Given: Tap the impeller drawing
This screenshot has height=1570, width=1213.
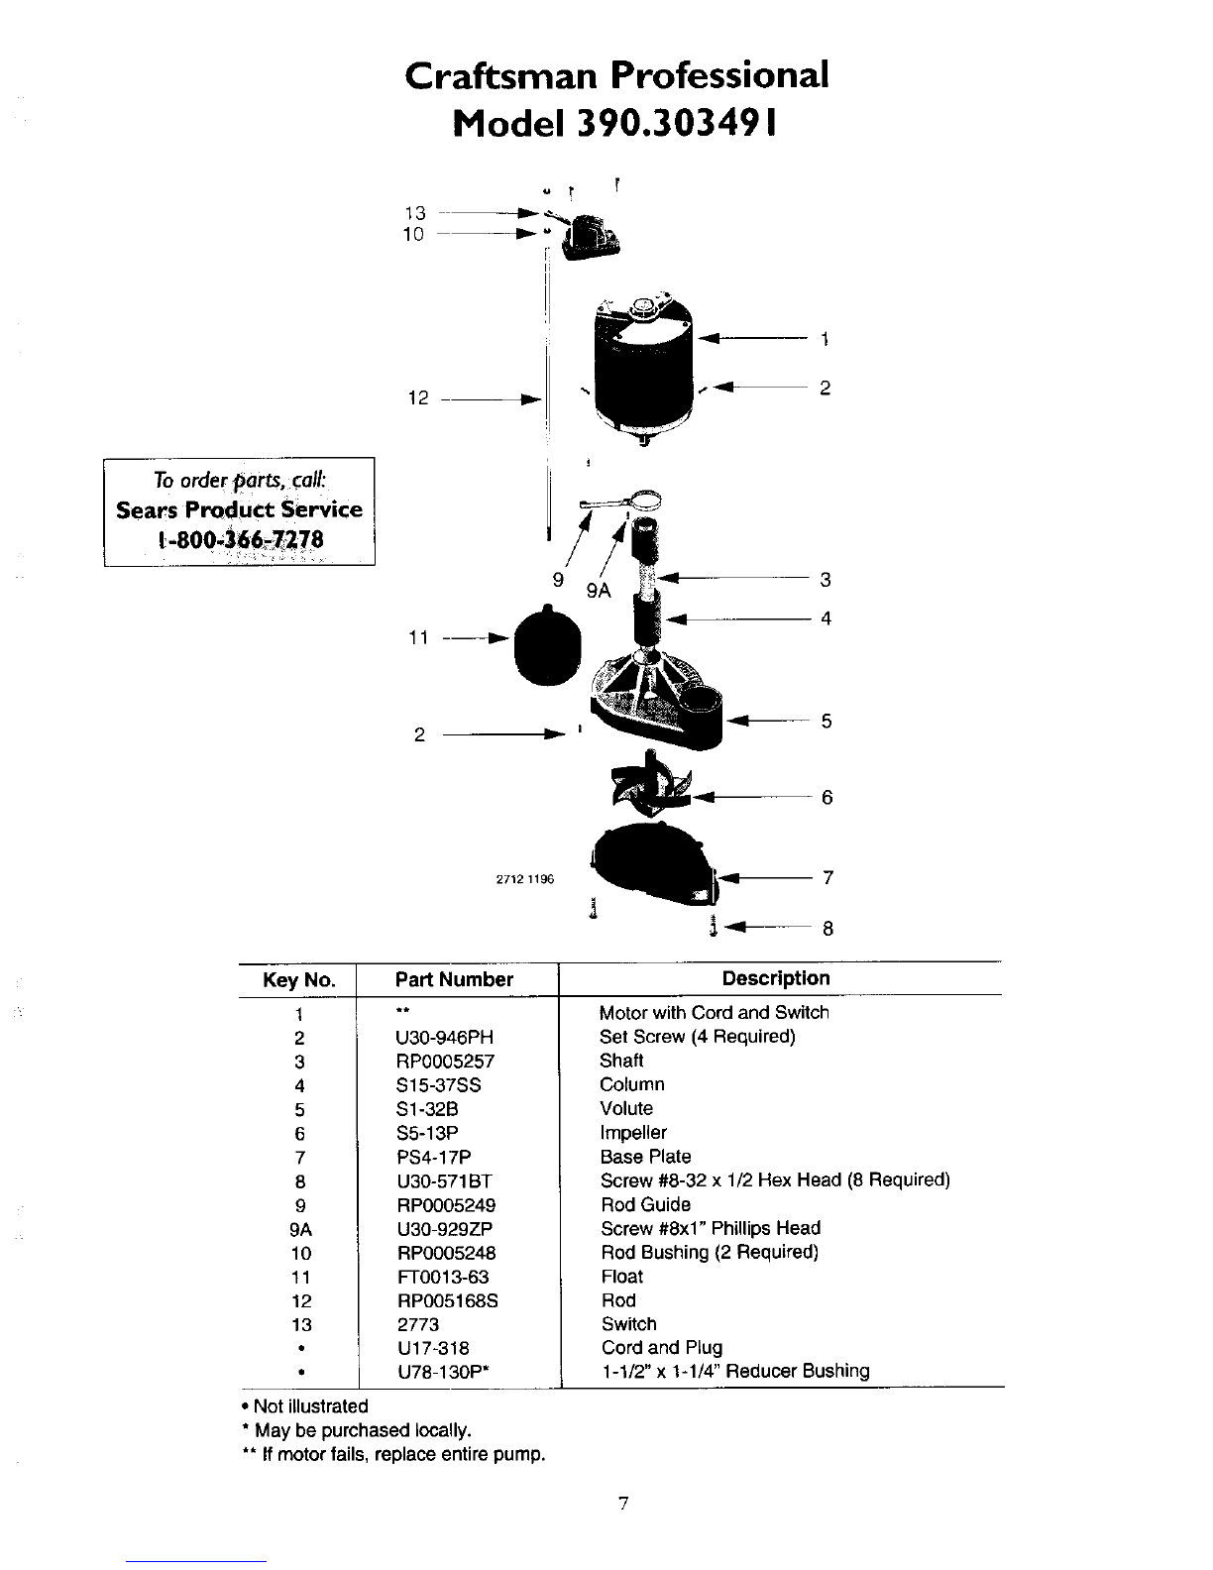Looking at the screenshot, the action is pyautogui.click(x=651, y=788).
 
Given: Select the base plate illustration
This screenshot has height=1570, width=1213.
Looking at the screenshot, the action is pyautogui.click(x=655, y=864).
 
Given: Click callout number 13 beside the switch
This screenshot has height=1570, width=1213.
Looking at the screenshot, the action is pyautogui.click(x=414, y=213).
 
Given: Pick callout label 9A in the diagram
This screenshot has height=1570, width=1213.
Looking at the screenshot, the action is pyautogui.click(x=599, y=591).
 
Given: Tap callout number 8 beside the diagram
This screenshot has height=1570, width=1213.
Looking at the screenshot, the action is pyautogui.click(x=827, y=929).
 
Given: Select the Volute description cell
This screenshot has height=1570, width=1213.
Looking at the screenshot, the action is pyautogui.click(x=626, y=1108).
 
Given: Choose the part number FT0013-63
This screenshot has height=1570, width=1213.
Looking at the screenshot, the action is pyautogui.click(x=443, y=1277).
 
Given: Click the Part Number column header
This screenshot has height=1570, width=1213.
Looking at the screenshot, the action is pyautogui.click(x=454, y=979).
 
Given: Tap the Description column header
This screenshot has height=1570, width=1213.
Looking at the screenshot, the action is pyautogui.click(x=776, y=978).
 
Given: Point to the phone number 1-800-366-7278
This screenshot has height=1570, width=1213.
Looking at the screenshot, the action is pyautogui.click(x=240, y=540).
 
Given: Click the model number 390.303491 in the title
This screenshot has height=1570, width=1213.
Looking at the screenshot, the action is pyautogui.click(x=676, y=124).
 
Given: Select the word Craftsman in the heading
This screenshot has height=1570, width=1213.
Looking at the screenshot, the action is pyautogui.click(x=500, y=75).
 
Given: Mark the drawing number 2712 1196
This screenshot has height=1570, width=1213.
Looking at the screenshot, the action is pyautogui.click(x=525, y=879).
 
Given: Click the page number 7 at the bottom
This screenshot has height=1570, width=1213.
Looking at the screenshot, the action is pyautogui.click(x=623, y=1503).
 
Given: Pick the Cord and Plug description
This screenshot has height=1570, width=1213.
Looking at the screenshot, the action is pyautogui.click(x=662, y=1348).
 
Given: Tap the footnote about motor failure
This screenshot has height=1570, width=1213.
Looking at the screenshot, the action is pyautogui.click(x=393, y=1454).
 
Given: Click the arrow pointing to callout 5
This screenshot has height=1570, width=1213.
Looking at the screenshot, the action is pyautogui.click(x=768, y=721).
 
